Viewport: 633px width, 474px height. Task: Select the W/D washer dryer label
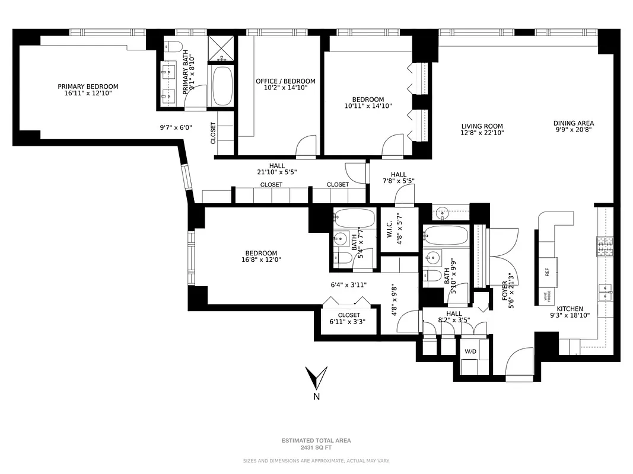pyautogui.click(x=470, y=351)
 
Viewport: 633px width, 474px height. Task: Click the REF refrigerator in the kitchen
pyautogui.click(x=547, y=273)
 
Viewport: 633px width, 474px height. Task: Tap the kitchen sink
pyautogui.click(x=605, y=292)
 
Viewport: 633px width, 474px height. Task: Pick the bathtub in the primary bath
pyautogui.click(x=222, y=87)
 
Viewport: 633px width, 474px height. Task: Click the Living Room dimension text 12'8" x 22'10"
pyautogui.click(x=482, y=133)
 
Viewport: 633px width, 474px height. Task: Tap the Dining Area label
pyautogui.click(x=574, y=123)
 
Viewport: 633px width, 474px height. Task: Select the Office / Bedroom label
pyautogui.click(x=285, y=81)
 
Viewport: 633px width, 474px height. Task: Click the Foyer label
pyautogui.click(x=505, y=291)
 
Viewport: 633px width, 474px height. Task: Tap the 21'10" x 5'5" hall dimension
pyautogui.click(x=276, y=172)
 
